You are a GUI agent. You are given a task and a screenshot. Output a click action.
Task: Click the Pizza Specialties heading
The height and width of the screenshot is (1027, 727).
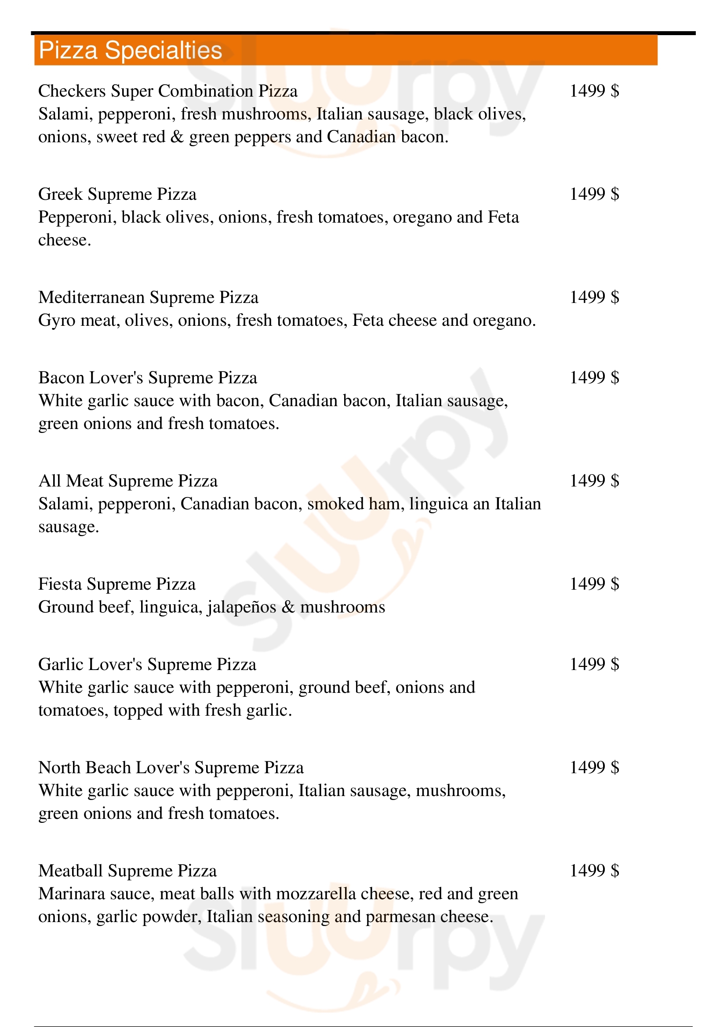tap(130, 50)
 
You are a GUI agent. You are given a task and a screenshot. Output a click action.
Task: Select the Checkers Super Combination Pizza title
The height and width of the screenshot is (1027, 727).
tap(167, 91)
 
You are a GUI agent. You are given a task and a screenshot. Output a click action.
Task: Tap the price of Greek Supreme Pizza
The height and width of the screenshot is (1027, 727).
tap(594, 194)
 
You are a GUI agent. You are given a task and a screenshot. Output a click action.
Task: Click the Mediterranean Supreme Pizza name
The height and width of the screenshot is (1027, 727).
tap(148, 297)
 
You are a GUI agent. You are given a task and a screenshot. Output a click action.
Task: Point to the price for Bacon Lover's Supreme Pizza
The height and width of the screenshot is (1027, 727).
tap(594, 378)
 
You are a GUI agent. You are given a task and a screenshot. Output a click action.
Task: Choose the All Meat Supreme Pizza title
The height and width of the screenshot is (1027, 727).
tap(128, 481)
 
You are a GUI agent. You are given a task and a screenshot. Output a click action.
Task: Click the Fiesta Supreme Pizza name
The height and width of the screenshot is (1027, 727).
tap(117, 584)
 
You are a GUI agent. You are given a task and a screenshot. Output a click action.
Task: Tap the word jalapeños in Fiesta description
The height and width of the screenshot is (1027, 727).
tap(242, 607)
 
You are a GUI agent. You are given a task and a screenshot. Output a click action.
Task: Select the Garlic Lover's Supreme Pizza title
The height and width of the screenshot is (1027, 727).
tap(147, 665)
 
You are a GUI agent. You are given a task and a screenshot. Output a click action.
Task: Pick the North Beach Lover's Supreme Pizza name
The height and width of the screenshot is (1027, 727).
tap(171, 768)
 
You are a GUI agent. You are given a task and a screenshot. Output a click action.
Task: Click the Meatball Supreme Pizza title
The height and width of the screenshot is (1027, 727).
tap(127, 871)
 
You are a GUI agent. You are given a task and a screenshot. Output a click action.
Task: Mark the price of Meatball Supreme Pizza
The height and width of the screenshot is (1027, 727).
tap(594, 870)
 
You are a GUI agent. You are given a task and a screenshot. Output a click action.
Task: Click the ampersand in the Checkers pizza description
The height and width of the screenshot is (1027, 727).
tap(177, 137)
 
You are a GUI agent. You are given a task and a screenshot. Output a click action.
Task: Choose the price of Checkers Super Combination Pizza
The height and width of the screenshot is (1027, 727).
tap(594, 91)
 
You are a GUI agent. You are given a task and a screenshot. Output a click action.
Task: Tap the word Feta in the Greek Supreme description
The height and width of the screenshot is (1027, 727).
tap(503, 217)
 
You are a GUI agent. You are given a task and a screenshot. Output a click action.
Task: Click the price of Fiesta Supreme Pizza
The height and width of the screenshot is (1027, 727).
tap(594, 584)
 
